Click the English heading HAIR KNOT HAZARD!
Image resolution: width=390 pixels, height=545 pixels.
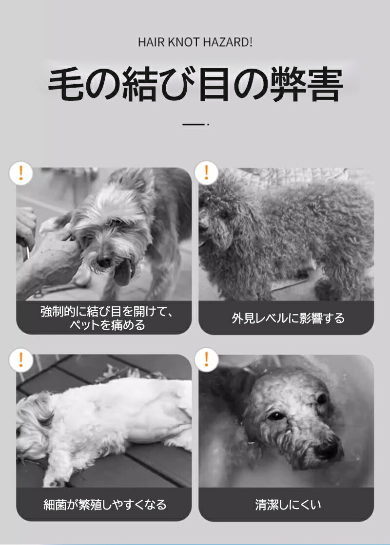click(x=195, y=42)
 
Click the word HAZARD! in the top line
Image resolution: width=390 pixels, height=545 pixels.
click(x=228, y=42)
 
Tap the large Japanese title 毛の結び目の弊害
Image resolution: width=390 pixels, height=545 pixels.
click(x=195, y=84)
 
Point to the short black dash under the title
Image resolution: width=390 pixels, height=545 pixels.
click(x=194, y=124)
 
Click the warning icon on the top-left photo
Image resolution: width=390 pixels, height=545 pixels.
click(x=21, y=173)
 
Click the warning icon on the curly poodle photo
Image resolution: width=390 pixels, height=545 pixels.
click(x=206, y=173)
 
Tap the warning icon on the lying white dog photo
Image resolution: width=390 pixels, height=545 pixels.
click(x=21, y=360)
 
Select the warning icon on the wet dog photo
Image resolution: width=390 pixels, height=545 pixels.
click(x=206, y=360)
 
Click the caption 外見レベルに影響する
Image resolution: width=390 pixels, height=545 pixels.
click(x=288, y=318)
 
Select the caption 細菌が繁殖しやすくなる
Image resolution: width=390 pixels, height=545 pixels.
click(x=105, y=505)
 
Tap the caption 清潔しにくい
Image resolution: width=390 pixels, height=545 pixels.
click(x=288, y=505)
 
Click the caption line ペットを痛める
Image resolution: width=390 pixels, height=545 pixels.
click(x=107, y=325)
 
